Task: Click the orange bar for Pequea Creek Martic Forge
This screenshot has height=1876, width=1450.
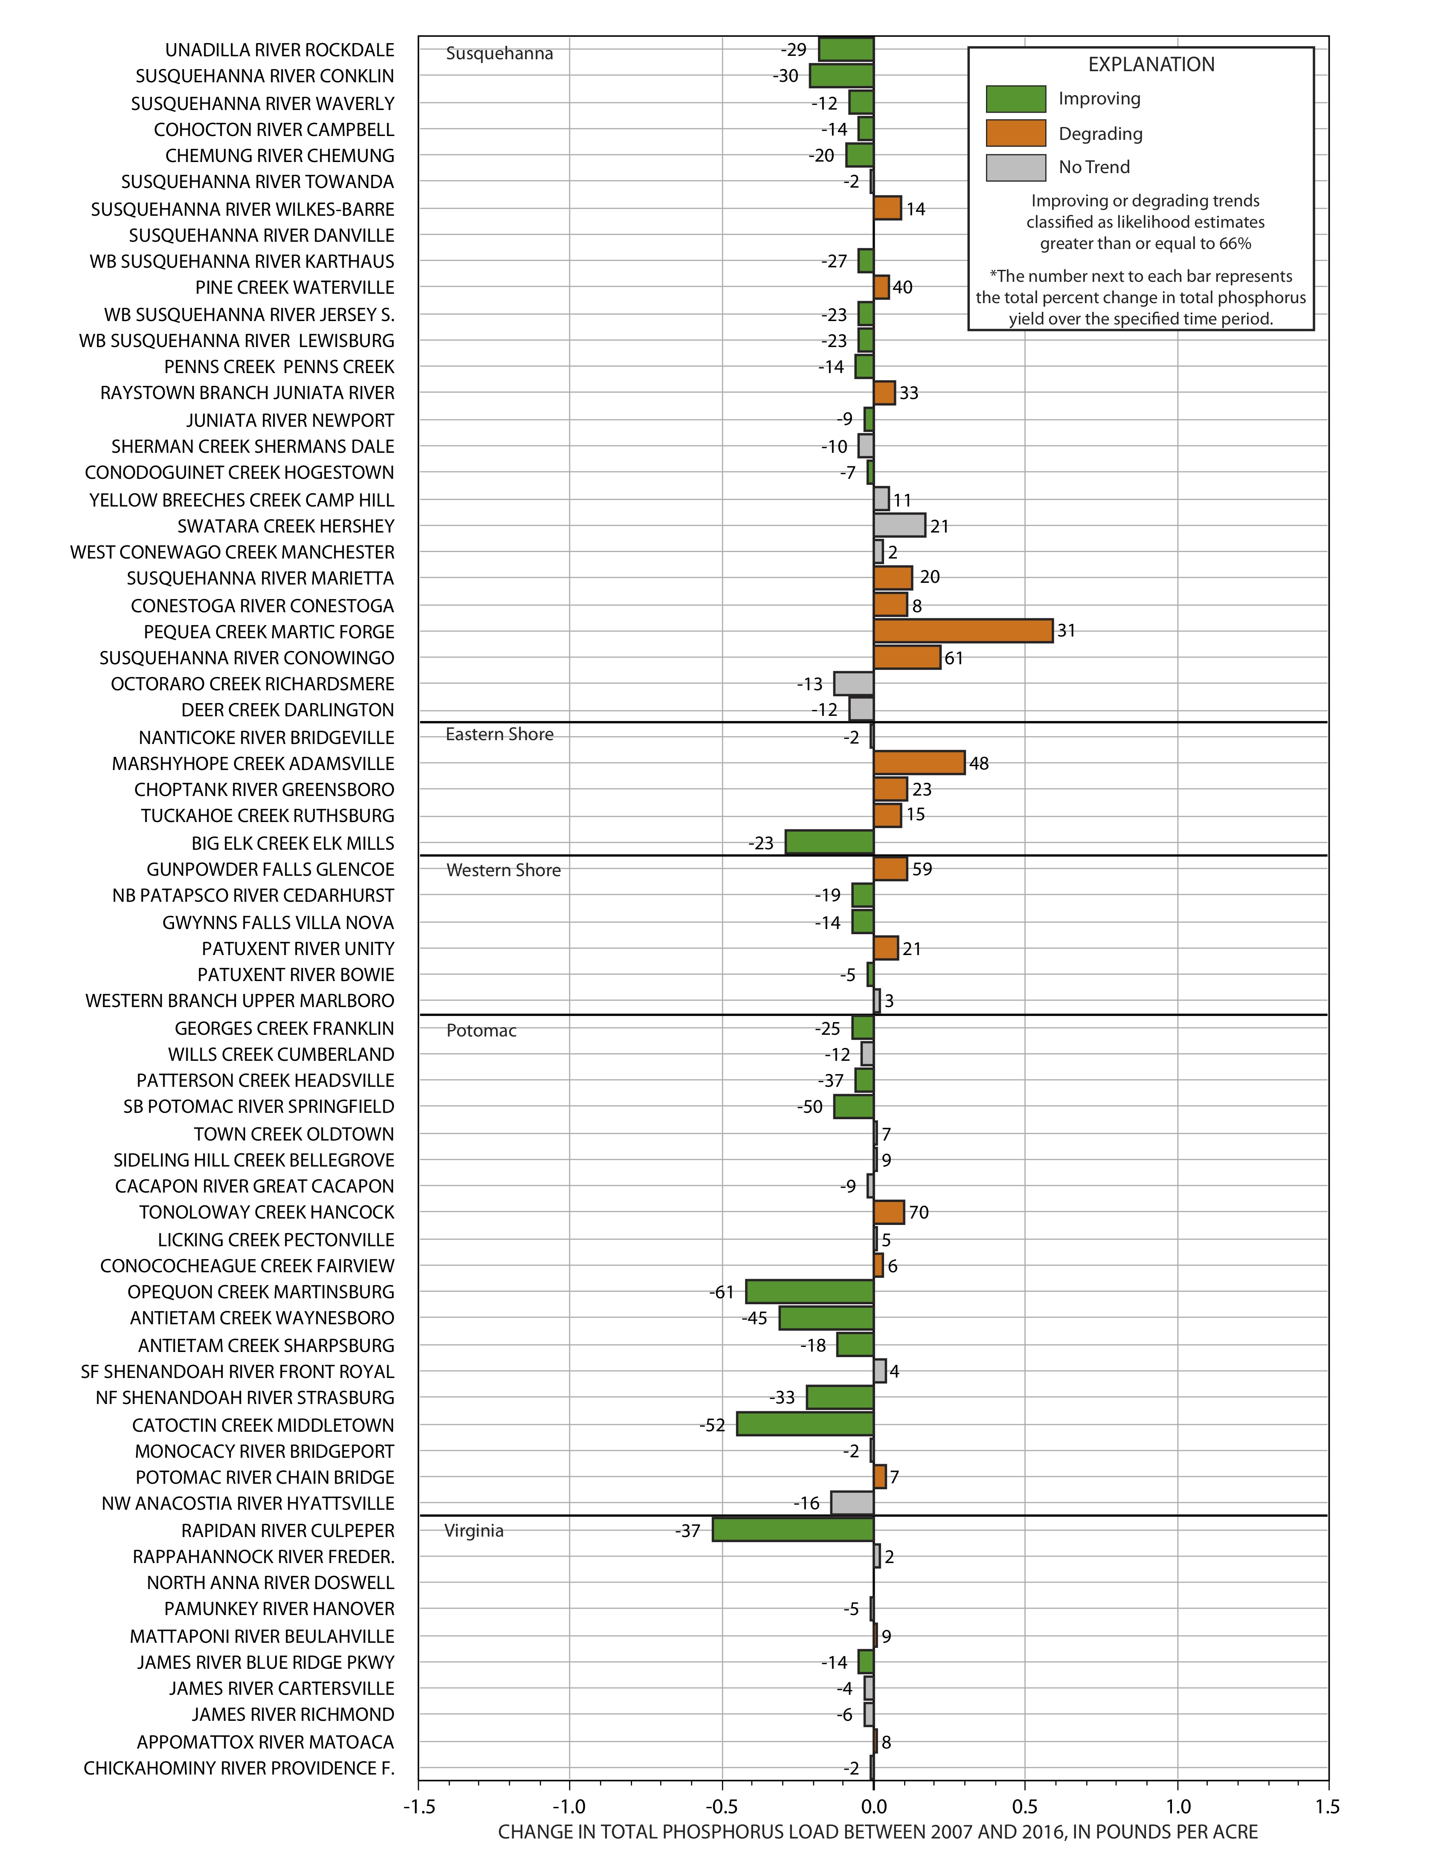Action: pos(963,631)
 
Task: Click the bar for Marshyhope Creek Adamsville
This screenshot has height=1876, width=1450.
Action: pos(919,763)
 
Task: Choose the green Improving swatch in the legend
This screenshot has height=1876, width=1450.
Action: pos(1016,99)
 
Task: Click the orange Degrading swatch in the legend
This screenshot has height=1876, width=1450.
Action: pos(1016,133)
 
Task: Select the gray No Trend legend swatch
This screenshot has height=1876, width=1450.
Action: pos(1016,168)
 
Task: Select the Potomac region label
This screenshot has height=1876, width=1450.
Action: pos(481,1031)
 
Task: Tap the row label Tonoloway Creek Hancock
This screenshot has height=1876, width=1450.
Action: pos(267,1212)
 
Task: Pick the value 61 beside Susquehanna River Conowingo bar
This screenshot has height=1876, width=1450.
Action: pos(954,658)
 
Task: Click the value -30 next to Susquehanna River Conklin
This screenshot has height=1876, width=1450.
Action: pos(786,75)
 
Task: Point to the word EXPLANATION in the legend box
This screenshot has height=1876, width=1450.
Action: pos(1151,64)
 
